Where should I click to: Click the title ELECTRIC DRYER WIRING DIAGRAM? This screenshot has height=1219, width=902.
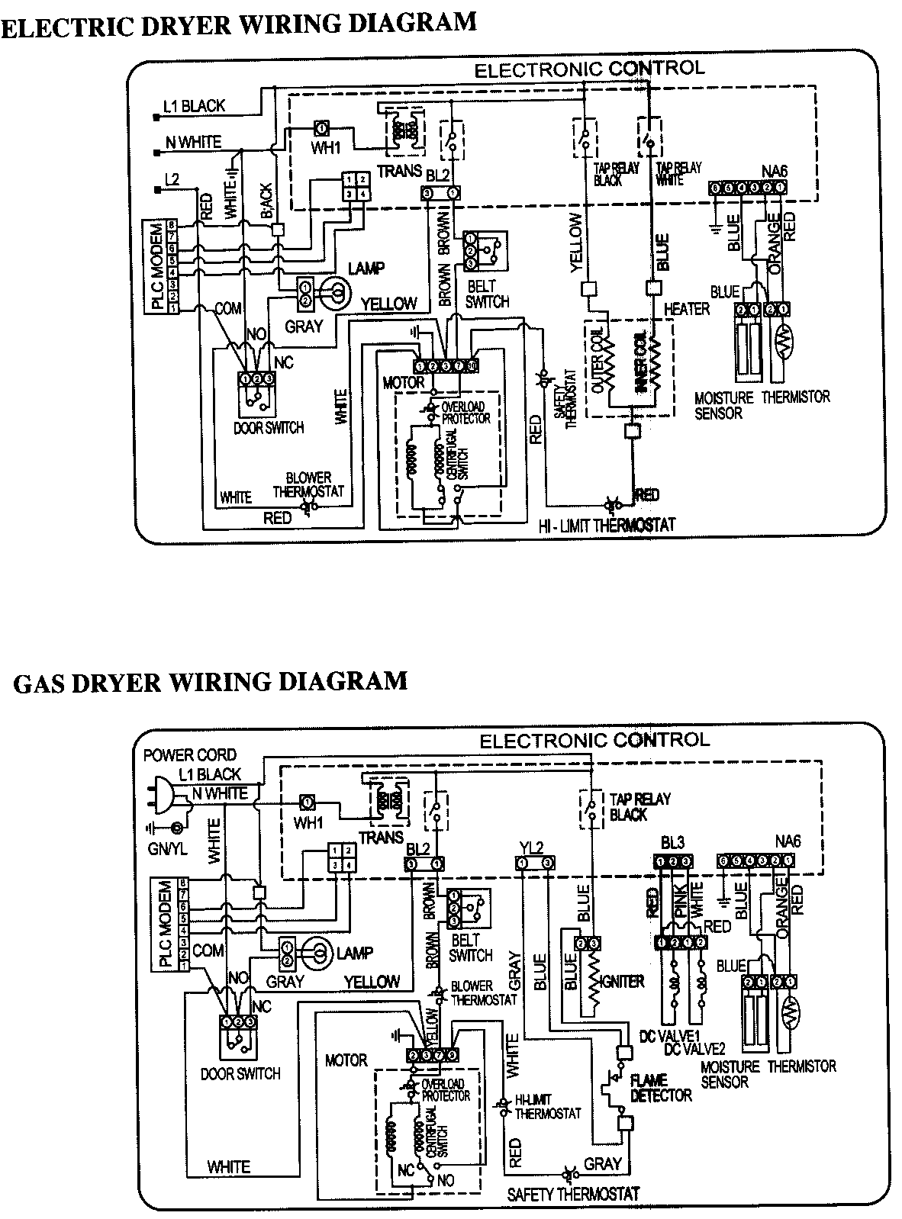click(x=238, y=24)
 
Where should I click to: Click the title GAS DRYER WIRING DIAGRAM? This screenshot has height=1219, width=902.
click(x=210, y=681)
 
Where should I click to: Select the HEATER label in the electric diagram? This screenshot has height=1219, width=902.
click(x=686, y=309)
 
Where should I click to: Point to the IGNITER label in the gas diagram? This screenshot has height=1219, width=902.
click(x=623, y=982)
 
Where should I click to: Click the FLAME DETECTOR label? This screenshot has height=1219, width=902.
click(x=660, y=1088)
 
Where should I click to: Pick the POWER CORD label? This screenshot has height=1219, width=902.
click(x=190, y=755)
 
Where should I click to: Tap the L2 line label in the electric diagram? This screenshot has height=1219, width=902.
click(x=172, y=179)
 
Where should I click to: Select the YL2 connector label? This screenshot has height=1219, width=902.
click(x=530, y=846)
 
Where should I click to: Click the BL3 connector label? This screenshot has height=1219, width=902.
click(x=672, y=843)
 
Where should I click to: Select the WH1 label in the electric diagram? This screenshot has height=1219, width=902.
click(x=326, y=148)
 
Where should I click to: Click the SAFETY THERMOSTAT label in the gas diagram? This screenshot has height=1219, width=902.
click(x=572, y=1194)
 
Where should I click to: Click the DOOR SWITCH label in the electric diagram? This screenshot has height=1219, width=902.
click(x=268, y=428)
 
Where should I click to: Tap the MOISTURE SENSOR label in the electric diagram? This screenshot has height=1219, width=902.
click(x=723, y=405)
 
